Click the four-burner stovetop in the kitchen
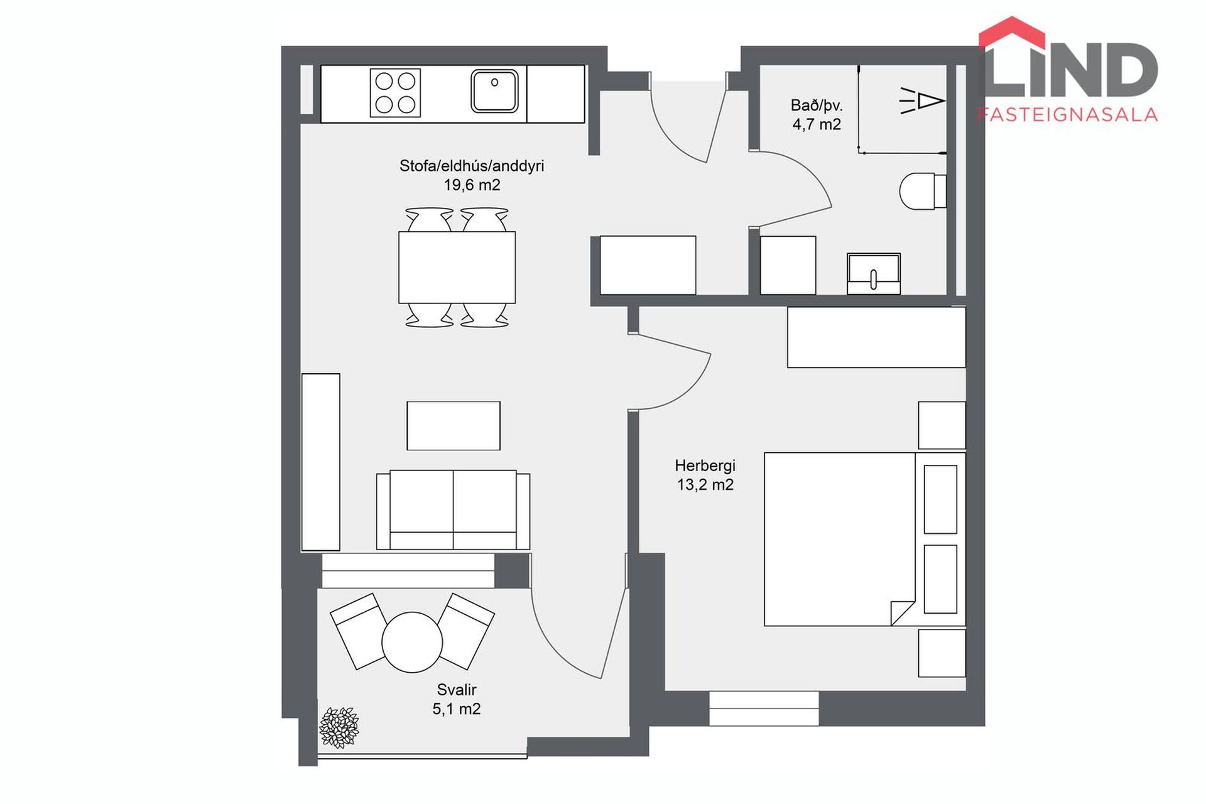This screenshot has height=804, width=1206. [x=395, y=93]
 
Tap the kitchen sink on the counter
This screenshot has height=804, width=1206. [x=494, y=91]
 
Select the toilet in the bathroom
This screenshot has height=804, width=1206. [x=923, y=191]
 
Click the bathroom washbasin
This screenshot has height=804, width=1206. [x=874, y=274]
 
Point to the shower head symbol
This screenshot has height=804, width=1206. [x=922, y=100]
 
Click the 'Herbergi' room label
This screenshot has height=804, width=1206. [x=705, y=466]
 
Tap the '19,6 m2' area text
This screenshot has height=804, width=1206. [x=472, y=185]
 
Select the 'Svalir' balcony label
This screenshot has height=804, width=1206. [x=457, y=690]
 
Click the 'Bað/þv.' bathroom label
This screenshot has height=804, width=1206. [x=817, y=106]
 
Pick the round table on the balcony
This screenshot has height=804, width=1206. [x=412, y=642]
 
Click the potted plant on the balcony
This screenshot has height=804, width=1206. [x=339, y=727]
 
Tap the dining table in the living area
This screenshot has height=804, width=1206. [x=457, y=268]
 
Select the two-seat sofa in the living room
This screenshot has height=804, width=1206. [x=453, y=510]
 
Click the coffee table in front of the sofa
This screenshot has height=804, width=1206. [x=454, y=426]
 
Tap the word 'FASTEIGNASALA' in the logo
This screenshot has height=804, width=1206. [x=1067, y=114]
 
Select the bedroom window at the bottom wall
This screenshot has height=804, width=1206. [x=764, y=709]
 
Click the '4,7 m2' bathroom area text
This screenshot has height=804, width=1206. [x=817, y=125]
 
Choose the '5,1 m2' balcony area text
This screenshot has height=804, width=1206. [x=457, y=709]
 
